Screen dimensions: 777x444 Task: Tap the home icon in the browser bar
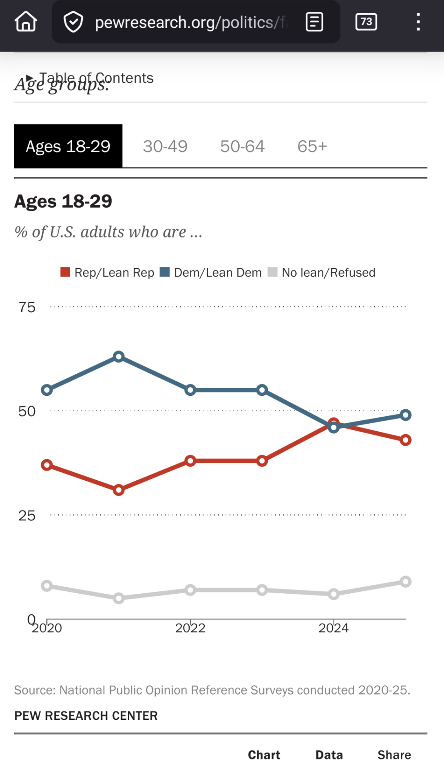coord(26,22)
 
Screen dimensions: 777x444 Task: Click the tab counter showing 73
coord(366,22)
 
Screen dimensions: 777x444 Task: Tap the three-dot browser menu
coord(418,22)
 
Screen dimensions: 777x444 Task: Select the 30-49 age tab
coord(165,147)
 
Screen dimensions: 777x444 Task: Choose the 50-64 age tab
coord(242,147)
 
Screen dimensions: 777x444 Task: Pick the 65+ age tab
coord(312,147)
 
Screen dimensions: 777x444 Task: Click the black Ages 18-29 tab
coord(68,147)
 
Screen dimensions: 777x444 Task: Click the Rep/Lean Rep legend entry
coord(108,273)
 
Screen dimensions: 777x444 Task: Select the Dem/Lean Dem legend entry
coord(211,273)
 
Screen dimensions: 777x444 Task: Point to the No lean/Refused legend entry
coord(322,273)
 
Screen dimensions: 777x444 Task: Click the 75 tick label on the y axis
coord(27,307)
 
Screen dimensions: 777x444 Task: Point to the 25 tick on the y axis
coord(27,516)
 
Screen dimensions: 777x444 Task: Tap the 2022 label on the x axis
coord(190,628)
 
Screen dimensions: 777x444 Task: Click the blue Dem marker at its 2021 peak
coord(119,357)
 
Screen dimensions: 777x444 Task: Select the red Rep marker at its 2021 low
coord(119,490)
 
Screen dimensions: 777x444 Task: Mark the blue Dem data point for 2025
coord(405,415)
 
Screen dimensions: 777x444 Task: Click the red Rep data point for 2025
coord(405,440)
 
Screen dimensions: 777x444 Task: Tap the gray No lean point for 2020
coord(47,586)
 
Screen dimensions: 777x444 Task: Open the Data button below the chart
coord(329,755)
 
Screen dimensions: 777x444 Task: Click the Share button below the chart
coord(394,755)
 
